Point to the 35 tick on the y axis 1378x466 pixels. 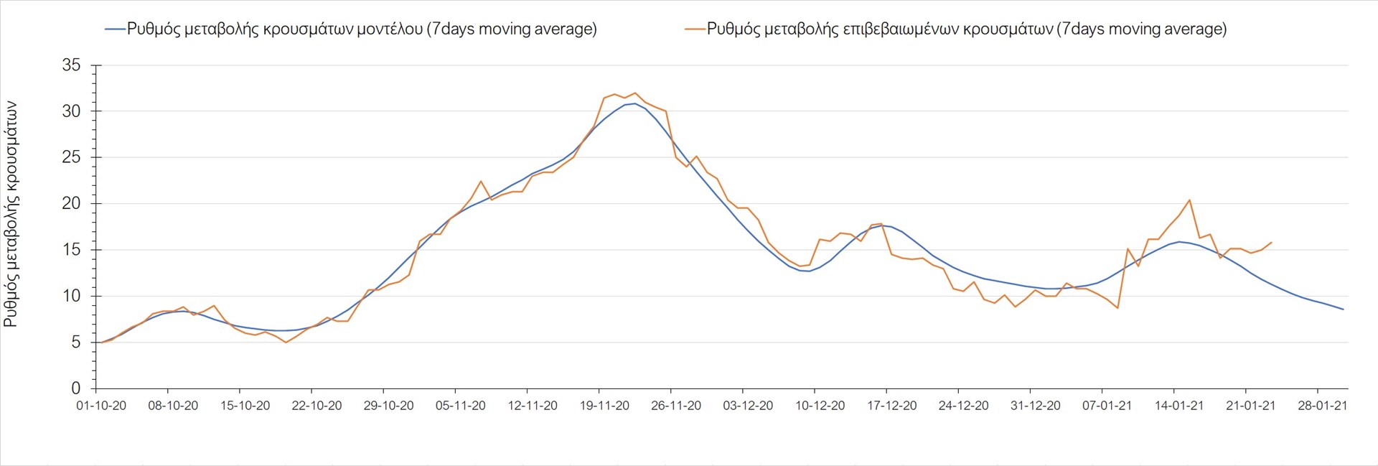click(72, 65)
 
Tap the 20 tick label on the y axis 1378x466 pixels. click(72, 204)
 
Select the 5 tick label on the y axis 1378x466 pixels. click(76, 342)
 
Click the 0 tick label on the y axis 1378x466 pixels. click(76, 388)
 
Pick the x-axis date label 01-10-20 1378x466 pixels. click(101, 406)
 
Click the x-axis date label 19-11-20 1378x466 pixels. click(604, 406)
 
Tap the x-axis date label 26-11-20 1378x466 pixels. click(676, 406)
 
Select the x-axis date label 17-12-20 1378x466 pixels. click(891, 406)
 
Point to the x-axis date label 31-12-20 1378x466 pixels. click(1035, 406)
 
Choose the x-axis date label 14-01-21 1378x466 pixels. click(1178, 406)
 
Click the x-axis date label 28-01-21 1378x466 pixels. click(1322, 406)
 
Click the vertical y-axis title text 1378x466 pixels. click(11, 214)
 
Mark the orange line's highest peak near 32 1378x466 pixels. click(634, 93)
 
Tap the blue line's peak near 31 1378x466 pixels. click(634, 103)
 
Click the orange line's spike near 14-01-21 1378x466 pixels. click(1189, 200)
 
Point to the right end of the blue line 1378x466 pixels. click(1343, 309)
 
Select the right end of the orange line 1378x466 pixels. click(1271, 243)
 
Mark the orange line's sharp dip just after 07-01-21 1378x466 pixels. click(1117, 308)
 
